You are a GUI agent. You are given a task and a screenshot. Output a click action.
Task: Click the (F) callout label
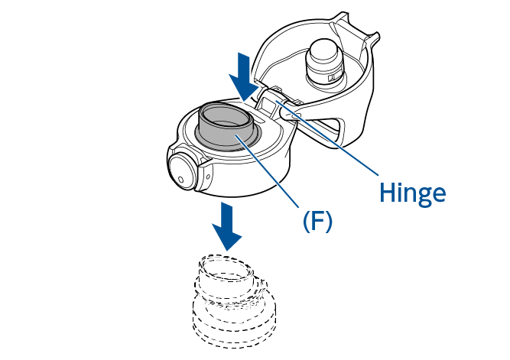tap(317, 221)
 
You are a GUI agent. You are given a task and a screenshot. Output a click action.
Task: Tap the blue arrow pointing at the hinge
tap(244, 77)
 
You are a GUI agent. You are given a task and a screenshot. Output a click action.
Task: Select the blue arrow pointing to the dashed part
tap(226, 227)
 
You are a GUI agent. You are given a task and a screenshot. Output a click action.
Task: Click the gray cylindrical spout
tap(226, 126)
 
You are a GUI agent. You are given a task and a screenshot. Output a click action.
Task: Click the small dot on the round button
tap(181, 179)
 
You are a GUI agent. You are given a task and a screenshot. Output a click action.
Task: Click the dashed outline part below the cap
tap(233, 301)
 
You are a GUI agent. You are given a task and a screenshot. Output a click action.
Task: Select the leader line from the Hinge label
tap(327, 138)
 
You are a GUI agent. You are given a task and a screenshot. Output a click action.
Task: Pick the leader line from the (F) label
tap(267, 170)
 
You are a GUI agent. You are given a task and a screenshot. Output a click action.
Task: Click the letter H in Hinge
tap(387, 193)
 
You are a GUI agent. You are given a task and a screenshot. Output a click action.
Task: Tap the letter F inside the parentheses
tap(317, 220)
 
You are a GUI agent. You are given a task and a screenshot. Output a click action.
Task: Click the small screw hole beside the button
tap(208, 177)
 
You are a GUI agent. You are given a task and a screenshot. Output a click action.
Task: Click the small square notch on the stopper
tap(332, 77)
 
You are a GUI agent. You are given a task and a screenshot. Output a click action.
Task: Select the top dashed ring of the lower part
tap(226, 268)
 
